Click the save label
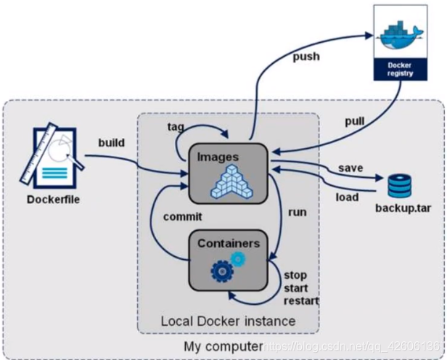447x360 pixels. tap(350, 168)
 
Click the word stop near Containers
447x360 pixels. tap(296, 277)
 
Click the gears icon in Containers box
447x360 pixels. tap(227, 266)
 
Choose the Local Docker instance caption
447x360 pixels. tap(228, 320)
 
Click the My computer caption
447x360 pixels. tap(222, 347)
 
